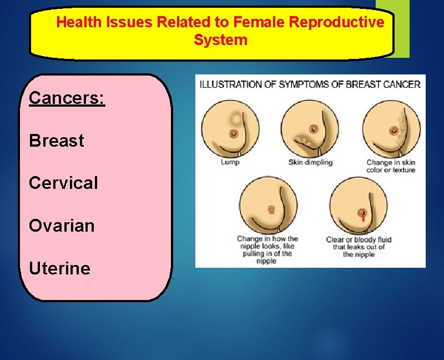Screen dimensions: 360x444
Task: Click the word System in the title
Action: (x=220, y=41)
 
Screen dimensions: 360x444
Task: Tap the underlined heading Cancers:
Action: (x=67, y=98)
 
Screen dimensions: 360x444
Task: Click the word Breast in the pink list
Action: (x=57, y=141)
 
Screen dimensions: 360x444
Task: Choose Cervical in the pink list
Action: (x=63, y=183)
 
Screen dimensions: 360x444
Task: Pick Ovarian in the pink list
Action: (x=62, y=226)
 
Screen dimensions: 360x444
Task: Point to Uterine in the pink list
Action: (x=59, y=268)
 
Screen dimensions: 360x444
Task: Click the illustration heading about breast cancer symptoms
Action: (x=310, y=84)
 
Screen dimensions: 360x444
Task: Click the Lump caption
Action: (x=230, y=162)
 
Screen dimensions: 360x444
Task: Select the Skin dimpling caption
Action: (x=310, y=162)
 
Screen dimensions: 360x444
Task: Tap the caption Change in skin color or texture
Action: (x=391, y=166)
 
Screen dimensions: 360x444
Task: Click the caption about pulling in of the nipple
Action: (x=267, y=249)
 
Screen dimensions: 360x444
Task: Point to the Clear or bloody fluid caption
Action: (x=359, y=247)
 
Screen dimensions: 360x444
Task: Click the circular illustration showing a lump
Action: (x=230, y=129)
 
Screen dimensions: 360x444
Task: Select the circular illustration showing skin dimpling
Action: (x=310, y=129)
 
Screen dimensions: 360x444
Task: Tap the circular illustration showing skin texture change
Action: (x=391, y=129)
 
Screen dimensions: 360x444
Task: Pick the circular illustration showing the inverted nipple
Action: (x=268, y=207)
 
